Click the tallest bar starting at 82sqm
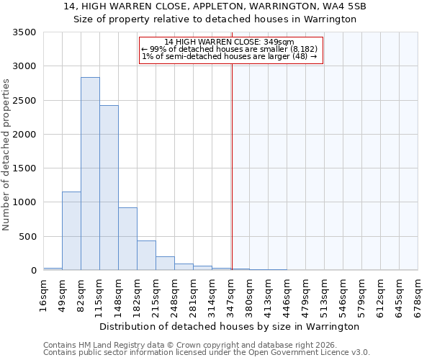pos(90,174)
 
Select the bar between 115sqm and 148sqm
pos(109,188)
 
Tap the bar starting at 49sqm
pos(71,230)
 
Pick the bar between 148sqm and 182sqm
pos(127,238)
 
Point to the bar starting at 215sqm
pos(165,263)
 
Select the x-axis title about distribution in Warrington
pos(229,327)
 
